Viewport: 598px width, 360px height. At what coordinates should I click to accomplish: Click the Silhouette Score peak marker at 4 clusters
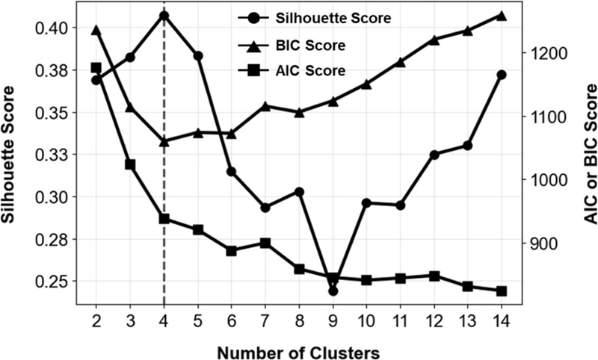click(x=164, y=15)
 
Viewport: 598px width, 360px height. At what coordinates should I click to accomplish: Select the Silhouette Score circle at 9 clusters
click(x=333, y=291)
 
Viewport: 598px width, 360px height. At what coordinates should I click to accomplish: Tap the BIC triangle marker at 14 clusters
click(x=502, y=15)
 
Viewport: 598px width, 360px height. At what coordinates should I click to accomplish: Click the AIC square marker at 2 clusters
click(x=96, y=68)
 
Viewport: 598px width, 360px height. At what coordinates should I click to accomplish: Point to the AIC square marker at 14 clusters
click(x=502, y=291)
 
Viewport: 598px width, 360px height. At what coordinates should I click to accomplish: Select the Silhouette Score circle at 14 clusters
click(x=502, y=75)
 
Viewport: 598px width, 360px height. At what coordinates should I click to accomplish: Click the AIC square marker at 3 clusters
click(x=130, y=164)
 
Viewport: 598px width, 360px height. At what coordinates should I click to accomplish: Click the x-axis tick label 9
click(x=333, y=318)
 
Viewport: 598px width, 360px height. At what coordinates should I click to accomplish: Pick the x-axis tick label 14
click(x=502, y=318)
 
